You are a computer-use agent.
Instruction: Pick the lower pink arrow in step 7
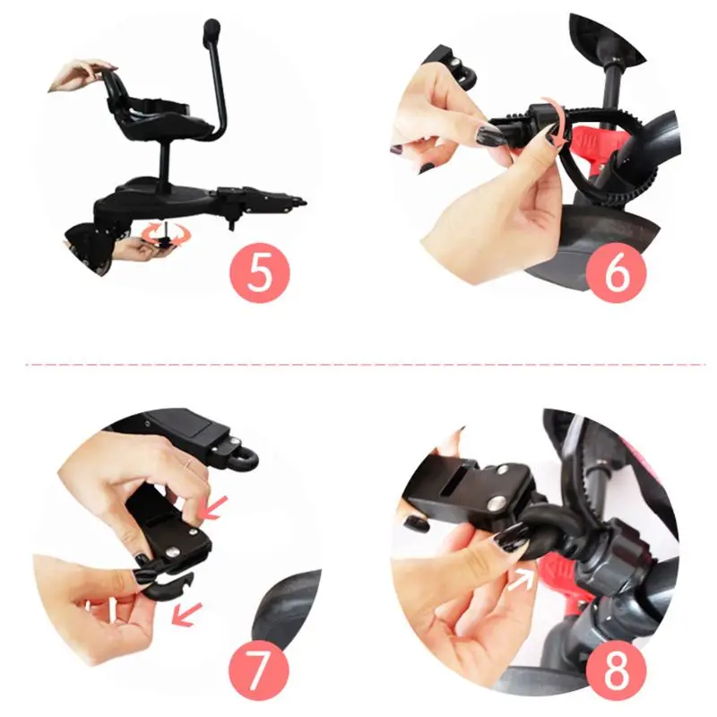186,614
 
